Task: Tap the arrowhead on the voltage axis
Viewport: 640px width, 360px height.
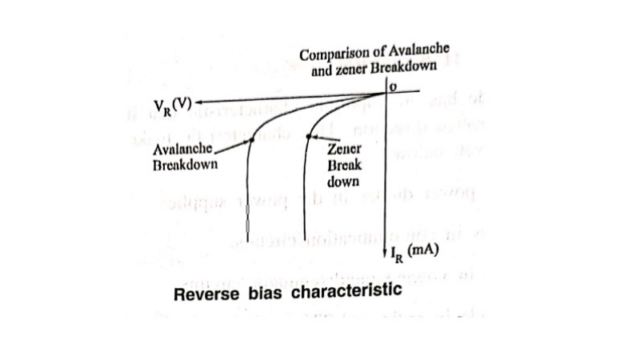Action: click(199, 102)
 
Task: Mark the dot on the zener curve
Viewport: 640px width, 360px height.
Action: click(309, 137)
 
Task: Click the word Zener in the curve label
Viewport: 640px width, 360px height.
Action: click(345, 150)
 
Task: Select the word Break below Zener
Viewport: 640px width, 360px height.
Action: click(344, 165)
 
